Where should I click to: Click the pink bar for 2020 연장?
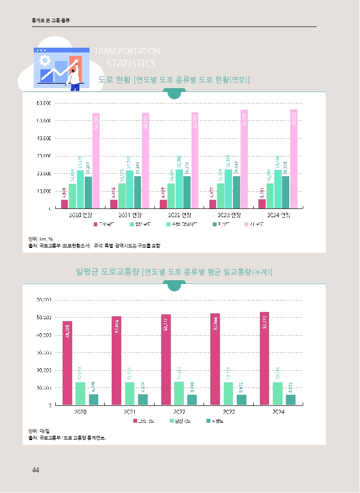point(96,161)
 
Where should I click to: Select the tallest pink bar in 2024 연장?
point(294,159)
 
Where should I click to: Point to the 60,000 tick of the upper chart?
point(44,103)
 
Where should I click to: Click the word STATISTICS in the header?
point(131,64)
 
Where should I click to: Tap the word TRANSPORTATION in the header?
point(127,51)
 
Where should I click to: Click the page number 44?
point(35,470)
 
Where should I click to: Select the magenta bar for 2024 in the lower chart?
point(265,359)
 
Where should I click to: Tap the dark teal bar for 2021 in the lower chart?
point(143,400)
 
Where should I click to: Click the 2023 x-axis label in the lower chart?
point(229,412)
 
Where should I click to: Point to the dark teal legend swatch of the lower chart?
point(208,421)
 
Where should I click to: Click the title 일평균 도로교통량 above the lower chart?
point(108,272)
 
